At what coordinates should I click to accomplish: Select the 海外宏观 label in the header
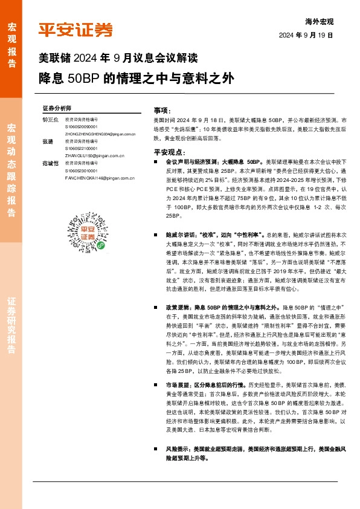320,21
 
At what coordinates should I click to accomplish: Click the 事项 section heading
162,111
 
